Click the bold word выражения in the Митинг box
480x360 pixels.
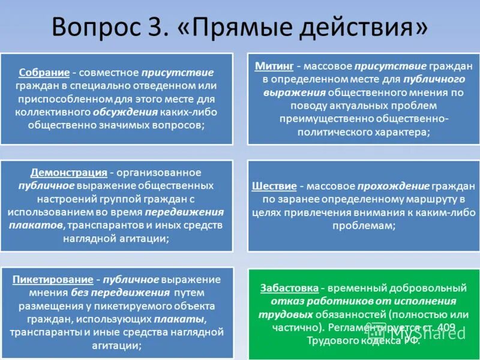point(295,92)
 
